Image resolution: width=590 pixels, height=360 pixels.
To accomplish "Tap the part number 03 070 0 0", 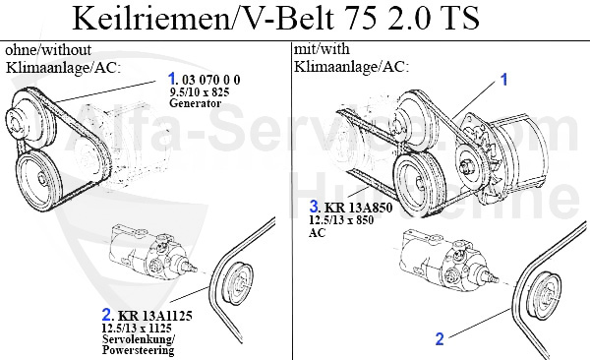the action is pos(210,80).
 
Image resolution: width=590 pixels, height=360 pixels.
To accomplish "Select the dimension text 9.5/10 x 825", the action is pos(199,91).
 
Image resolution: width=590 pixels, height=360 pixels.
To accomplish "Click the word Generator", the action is pos(195,103).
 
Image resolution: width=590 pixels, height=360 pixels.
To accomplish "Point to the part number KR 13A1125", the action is pos(155,315).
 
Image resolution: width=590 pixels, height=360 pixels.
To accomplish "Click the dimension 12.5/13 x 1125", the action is pos(137,328).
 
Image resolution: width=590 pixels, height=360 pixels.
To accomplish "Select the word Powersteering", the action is pos(138,350).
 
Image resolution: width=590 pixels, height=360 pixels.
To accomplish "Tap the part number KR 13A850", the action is pos(359,208).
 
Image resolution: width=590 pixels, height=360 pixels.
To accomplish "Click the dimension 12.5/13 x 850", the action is pos(341,220).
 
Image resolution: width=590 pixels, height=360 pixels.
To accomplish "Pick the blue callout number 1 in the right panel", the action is pos(503,80).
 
